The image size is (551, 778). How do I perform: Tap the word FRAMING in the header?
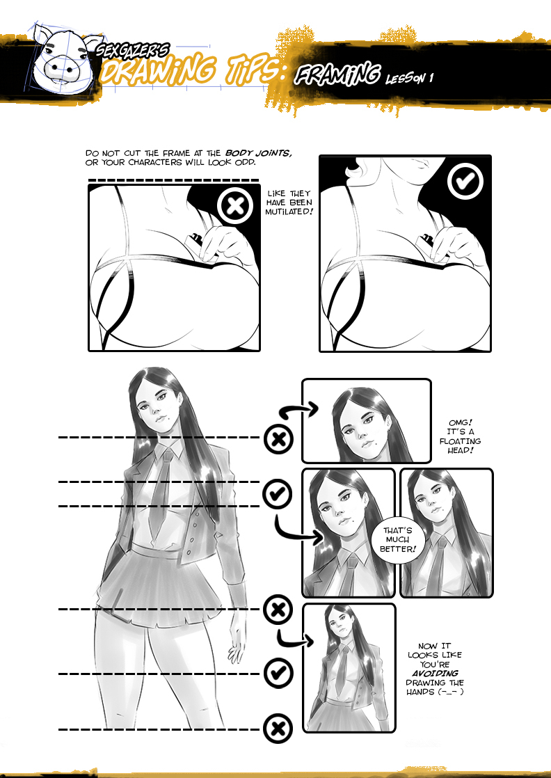[337, 75]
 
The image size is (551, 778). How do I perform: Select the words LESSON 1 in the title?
[410, 78]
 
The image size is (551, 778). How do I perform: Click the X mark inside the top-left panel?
[236, 206]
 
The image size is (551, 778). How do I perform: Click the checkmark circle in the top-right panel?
[465, 182]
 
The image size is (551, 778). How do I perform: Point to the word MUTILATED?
[289, 212]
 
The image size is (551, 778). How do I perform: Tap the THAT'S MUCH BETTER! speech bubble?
[397, 539]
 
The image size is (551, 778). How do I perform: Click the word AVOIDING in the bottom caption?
[435, 674]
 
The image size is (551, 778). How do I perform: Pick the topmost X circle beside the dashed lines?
[279, 438]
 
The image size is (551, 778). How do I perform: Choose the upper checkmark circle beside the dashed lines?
[277, 493]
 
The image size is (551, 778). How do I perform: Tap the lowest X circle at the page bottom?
[278, 729]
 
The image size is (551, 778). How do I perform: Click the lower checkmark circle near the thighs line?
[278, 673]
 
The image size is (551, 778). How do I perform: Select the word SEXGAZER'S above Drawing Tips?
[132, 49]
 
